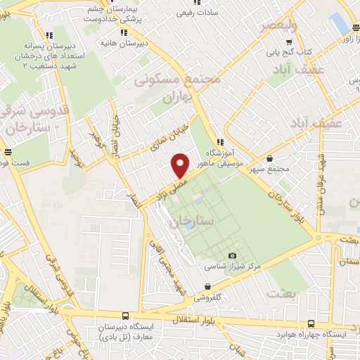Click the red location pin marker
point(181,165)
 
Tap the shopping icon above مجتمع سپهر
point(272,159)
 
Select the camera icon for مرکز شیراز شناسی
point(233,256)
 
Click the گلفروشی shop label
point(207,297)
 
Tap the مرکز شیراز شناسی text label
point(233,267)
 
